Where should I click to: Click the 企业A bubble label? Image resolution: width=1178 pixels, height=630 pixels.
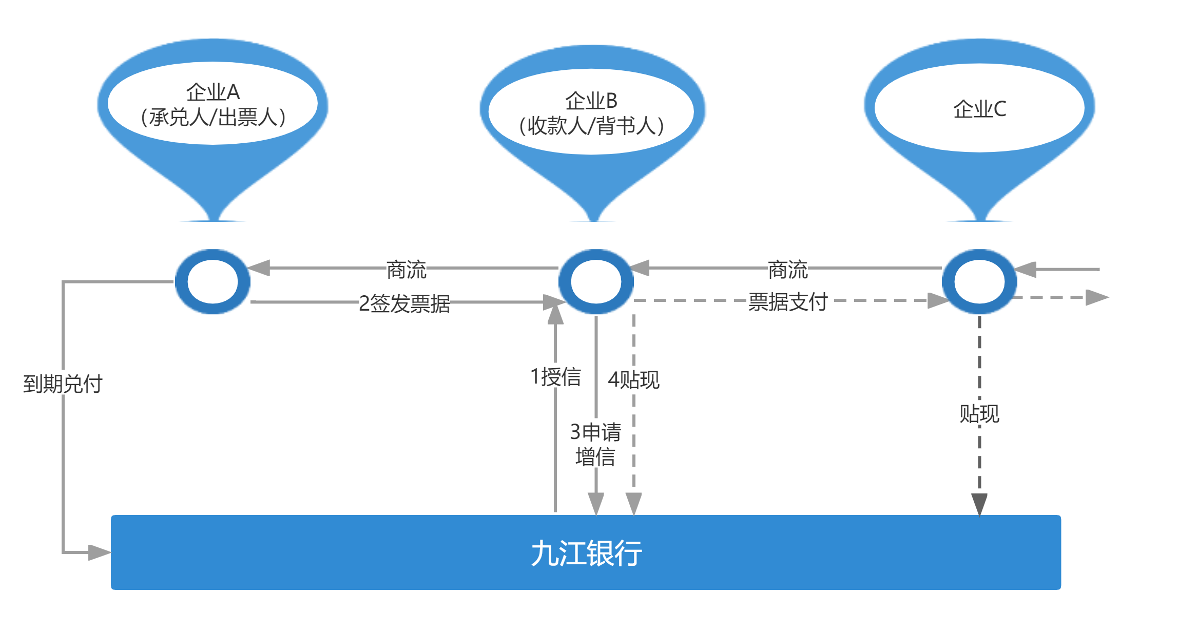coord(213,104)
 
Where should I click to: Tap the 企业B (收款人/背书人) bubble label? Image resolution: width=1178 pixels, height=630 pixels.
coord(591,113)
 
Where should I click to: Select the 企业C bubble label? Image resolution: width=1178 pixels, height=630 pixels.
coord(979,109)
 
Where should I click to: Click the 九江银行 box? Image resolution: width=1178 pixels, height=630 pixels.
coord(586,553)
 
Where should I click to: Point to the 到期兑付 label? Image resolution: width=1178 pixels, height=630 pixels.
coord(63,383)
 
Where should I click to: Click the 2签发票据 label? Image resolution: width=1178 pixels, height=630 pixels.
coord(404,302)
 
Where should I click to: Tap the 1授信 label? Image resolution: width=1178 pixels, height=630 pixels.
coord(555,376)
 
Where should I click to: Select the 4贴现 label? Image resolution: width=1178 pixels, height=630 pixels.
coord(633,379)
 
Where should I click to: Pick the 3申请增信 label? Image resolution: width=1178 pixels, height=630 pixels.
coord(595,444)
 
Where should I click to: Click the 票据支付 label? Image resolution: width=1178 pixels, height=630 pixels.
coord(788,301)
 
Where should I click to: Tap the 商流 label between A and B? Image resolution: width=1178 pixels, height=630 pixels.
coord(406,269)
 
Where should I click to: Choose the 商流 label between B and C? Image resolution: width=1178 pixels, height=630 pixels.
coord(788,269)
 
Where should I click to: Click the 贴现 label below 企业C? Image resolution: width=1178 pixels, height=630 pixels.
coord(979,413)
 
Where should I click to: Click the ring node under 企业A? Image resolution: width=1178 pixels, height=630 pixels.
coord(213,282)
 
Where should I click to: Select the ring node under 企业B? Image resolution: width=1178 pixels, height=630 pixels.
coord(596,282)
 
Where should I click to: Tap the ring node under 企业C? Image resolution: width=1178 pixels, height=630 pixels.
coord(979,282)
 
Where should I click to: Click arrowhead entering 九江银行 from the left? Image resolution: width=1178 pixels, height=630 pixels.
coord(100,552)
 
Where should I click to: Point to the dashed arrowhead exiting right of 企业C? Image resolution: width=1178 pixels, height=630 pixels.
coord(1097,297)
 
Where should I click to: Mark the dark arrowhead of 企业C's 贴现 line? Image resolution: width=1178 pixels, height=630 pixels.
coord(979,504)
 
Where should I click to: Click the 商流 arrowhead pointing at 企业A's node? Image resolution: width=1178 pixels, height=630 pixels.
coord(259,268)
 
